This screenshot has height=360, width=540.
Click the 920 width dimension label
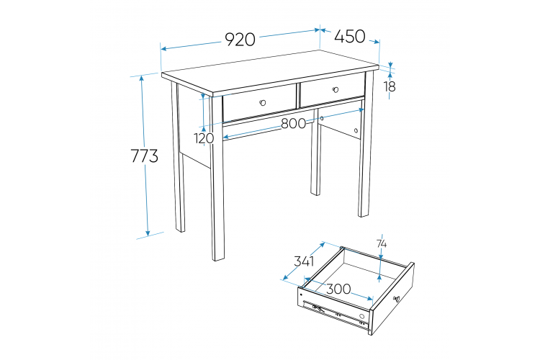click(x=240, y=40)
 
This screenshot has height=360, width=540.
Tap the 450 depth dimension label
click(x=349, y=36)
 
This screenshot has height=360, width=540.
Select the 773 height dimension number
click(x=145, y=156)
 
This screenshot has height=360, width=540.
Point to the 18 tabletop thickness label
click(x=390, y=86)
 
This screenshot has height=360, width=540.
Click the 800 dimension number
click(x=294, y=123)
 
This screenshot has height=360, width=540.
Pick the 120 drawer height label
click(x=204, y=138)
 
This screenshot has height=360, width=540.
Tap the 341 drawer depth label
click(x=304, y=261)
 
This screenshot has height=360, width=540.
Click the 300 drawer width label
click(x=338, y=289)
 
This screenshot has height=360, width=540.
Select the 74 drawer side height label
click(x=381, y=244)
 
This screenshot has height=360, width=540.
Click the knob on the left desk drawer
click(x=263, y=102)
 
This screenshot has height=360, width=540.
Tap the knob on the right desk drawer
click(x=336, y=89)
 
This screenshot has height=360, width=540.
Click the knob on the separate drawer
click(x=397, y=299)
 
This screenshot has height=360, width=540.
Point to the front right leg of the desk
click(x=365, y=145)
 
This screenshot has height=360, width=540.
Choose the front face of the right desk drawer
click(x=333, y=90)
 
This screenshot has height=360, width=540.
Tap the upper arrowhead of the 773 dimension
click(x=142, y=78)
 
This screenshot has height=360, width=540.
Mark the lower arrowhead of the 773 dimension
click(x=148, y=233)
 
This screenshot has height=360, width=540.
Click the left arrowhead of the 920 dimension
click(x=164, y=48)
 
